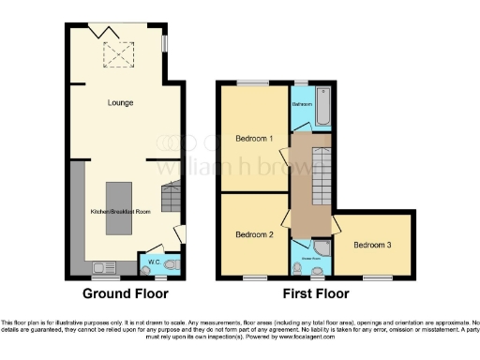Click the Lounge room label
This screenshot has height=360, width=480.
pos(120,102)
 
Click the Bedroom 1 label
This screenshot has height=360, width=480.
pos(253,140)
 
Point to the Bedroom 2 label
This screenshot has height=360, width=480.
pos(253,234)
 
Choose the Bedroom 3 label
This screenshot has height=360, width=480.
pos(372,245)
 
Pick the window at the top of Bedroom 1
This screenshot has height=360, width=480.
pos(249,84)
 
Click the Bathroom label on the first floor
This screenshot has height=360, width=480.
pos(302,104)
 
